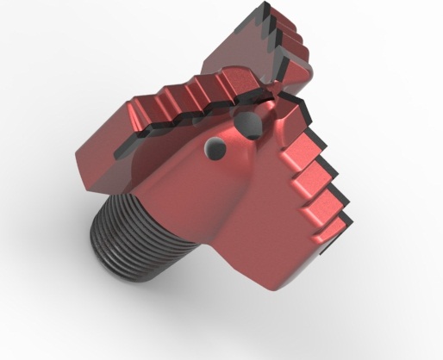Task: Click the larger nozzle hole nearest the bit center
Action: (252, 127)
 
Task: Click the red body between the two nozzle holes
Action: (231, 138)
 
